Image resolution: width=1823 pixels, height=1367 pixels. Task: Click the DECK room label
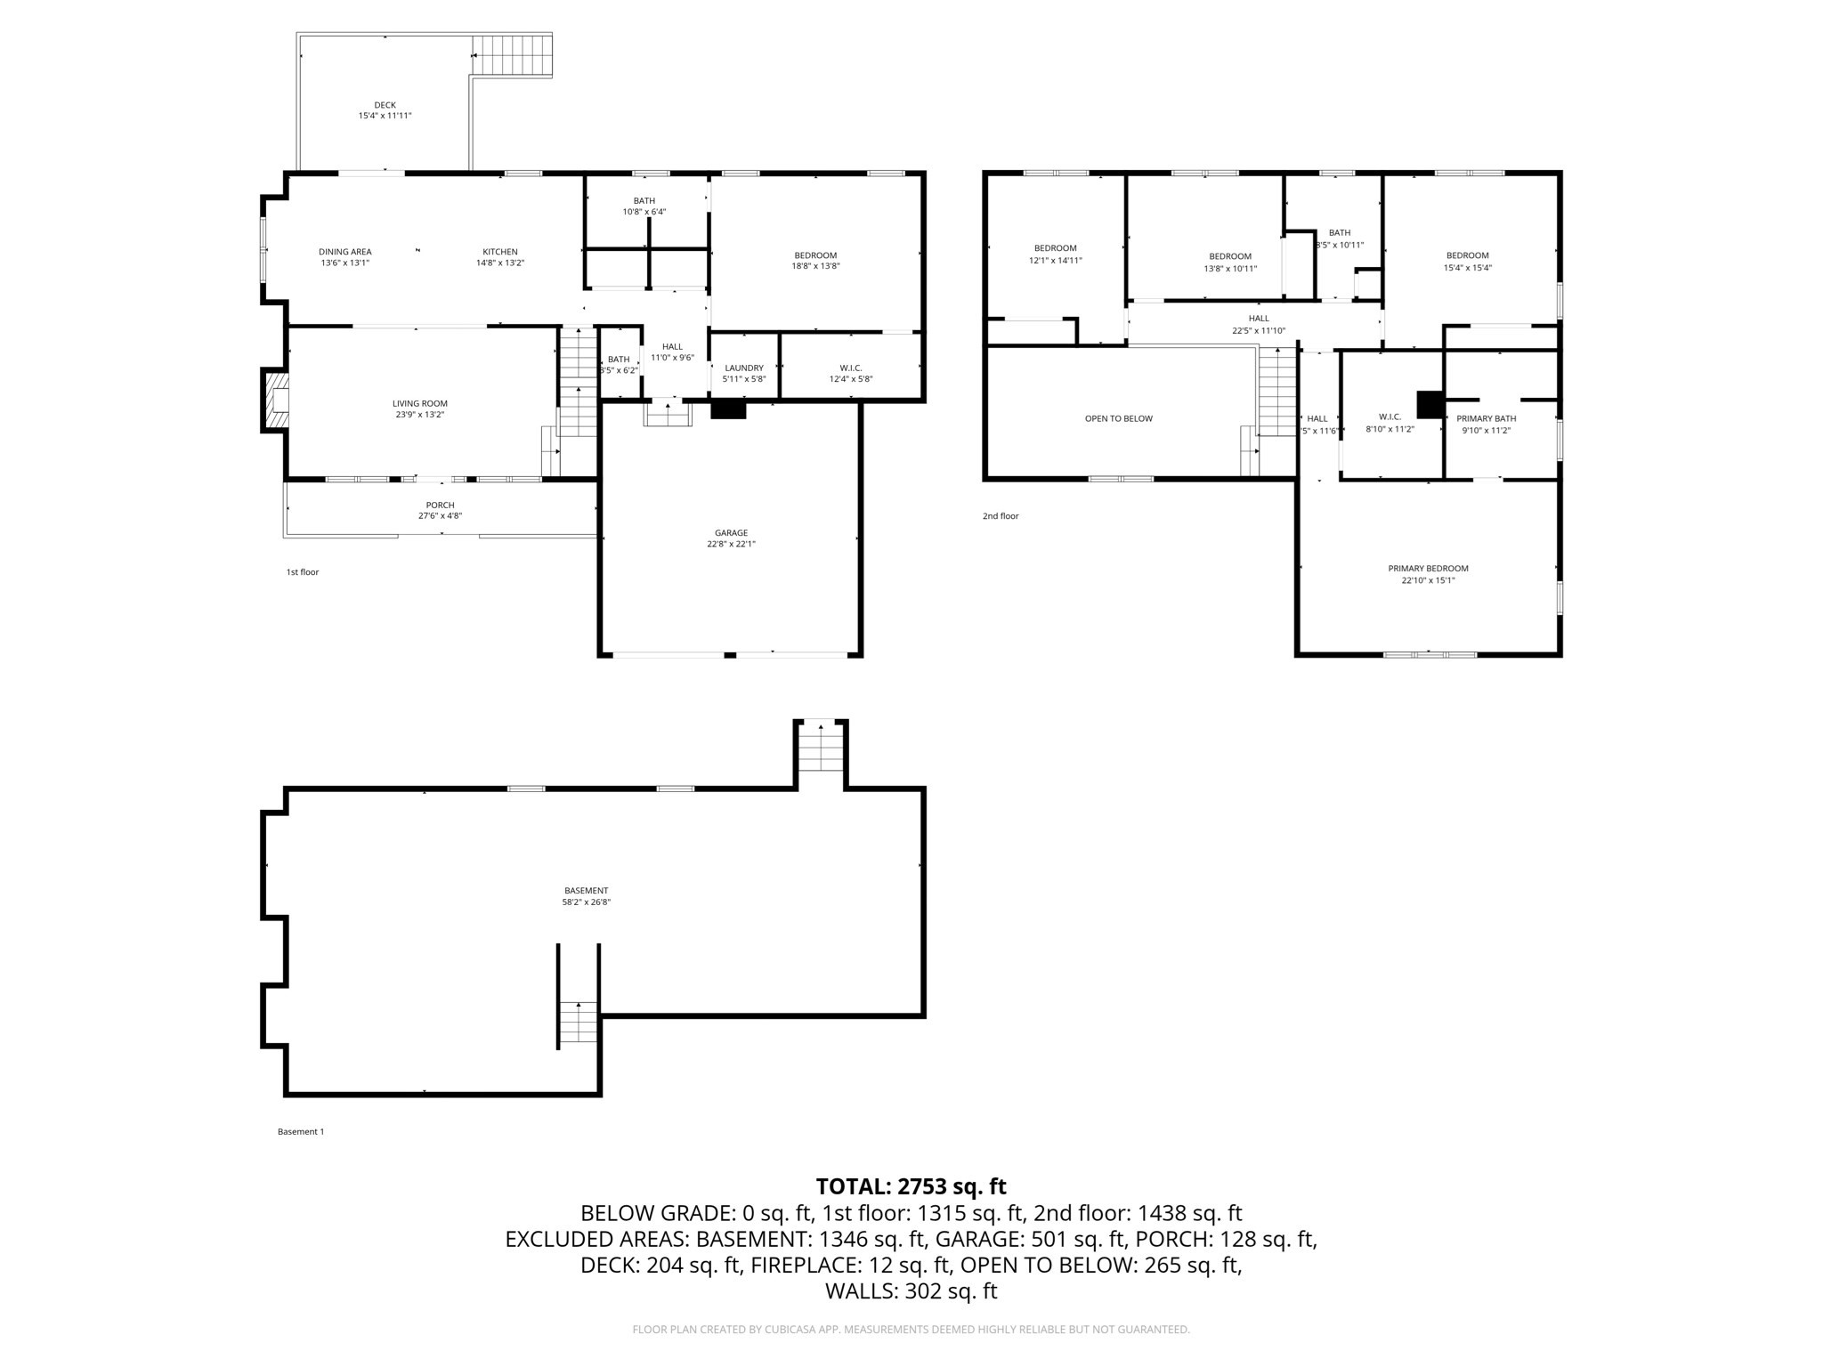pos(385,105)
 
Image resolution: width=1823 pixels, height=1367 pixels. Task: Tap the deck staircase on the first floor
pos(512,55)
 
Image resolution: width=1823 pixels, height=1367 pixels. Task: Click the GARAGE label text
pos(731,533)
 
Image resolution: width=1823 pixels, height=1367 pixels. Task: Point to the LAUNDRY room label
pos(744,368)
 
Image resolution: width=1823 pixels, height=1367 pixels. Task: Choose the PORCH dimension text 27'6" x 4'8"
pos(440,516)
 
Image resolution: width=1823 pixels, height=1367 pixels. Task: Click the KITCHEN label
pos(499,252)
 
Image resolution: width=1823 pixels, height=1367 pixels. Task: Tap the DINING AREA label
pos(344,252)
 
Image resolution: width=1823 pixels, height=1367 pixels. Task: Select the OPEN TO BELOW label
pos(1118,418)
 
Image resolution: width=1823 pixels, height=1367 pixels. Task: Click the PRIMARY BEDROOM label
pos(1428,568)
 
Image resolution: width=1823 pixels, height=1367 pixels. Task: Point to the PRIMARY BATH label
pos(1486,418)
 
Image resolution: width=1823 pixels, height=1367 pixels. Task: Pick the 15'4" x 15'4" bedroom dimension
pos(1467,268)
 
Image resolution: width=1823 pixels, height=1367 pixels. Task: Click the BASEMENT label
pos(586,890)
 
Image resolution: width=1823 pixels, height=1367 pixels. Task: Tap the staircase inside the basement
pos(579,1022)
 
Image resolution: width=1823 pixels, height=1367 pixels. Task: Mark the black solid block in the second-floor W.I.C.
pos(1430,405)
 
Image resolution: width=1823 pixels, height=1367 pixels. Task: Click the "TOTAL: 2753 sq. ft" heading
pos(911,1186)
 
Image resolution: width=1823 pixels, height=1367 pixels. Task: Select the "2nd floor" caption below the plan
pos(1001,516)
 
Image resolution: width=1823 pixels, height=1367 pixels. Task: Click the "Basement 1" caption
pos(301,1132)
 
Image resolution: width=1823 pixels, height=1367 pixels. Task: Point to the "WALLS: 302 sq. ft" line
pos(911,1291)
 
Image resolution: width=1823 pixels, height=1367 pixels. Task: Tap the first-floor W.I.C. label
pos(850,368)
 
